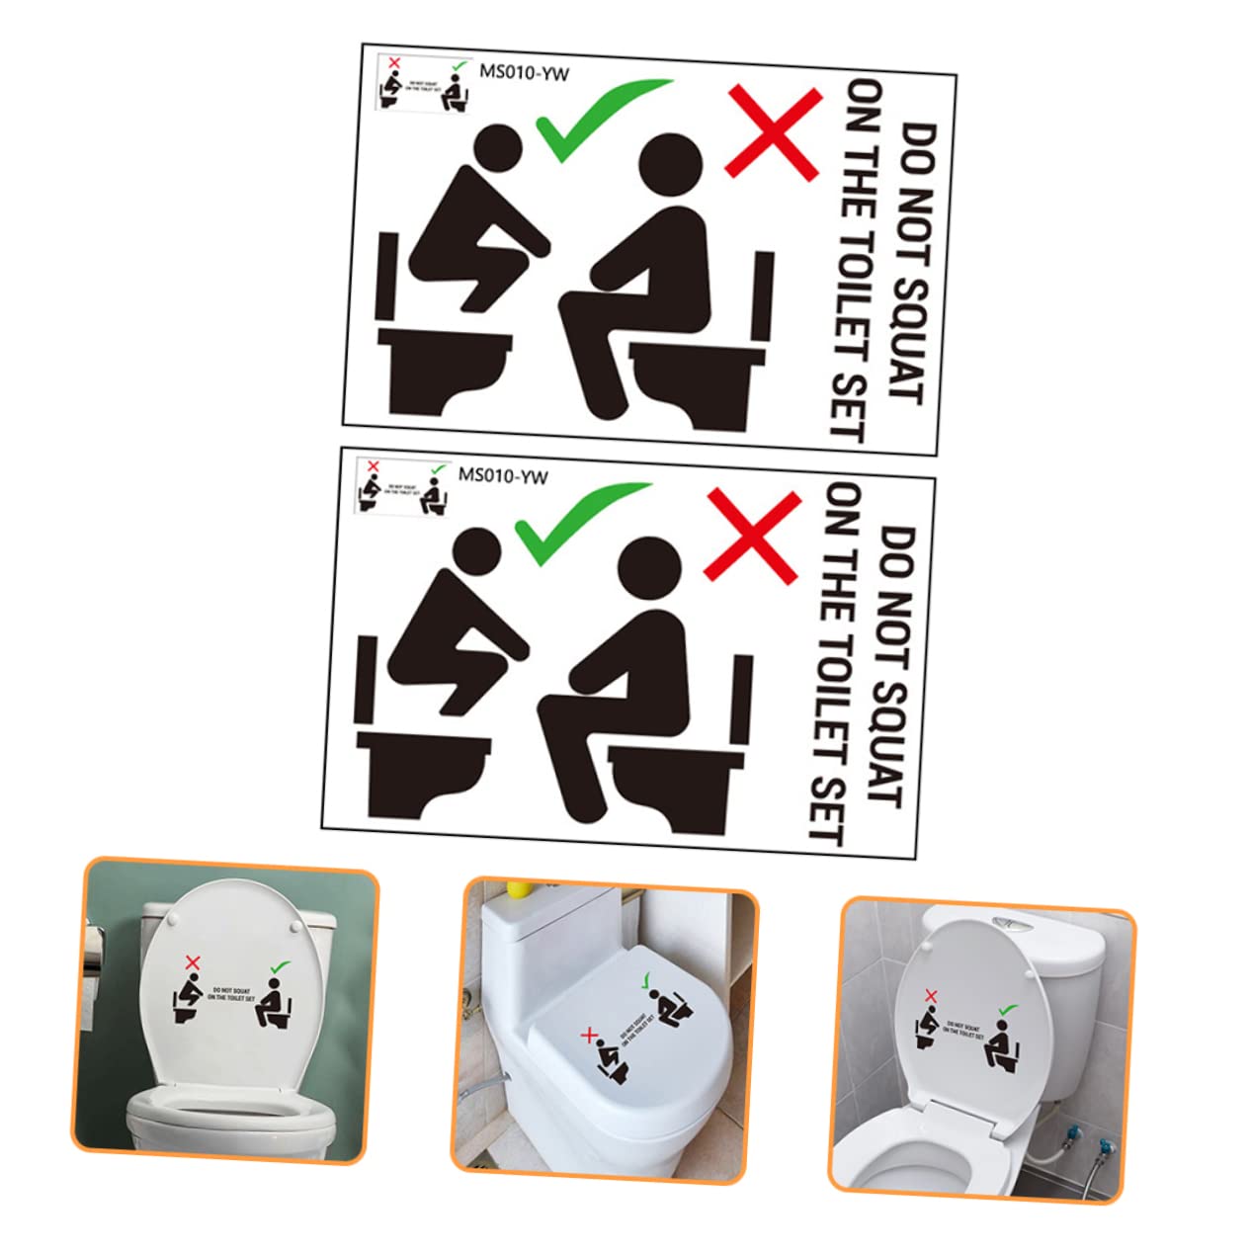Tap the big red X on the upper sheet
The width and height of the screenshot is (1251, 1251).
773,132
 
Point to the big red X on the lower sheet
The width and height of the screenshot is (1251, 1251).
751,535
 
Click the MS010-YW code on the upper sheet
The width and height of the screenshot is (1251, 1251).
524,71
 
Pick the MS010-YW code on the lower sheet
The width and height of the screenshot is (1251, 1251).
502,474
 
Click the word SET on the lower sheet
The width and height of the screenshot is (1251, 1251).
828,810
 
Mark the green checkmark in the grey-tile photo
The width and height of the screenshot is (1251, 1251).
1007,1010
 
